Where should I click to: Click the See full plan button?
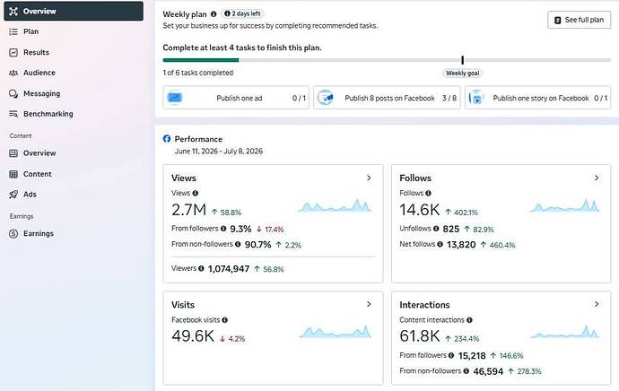click(x=579, y=20)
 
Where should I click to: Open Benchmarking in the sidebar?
click(x=41, y=114)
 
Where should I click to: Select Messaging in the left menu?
click(x=35, y=93)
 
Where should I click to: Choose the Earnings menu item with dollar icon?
click(x=31, y=233)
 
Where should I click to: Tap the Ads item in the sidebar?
click(x=23, y=194)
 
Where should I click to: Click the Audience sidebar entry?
click(x=32, y=73)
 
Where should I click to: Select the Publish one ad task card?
click(x=236, y=98)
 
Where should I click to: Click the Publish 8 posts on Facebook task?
click(x=387, y=98)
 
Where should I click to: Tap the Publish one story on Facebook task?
click(x=537, y=98)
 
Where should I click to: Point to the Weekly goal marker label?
click(x=462, y=73)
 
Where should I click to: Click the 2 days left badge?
click(x=242, y=13)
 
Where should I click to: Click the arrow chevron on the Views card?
click(x=369, y=178)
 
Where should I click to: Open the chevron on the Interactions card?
click(x=597, y=304)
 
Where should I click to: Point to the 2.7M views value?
click(x=188, y=210)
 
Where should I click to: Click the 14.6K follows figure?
click(x=419, y=210)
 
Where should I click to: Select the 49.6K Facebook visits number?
click(x=193, y=335)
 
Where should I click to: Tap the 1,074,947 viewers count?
click(x=229, y=269)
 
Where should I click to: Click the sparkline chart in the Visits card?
click(x=336, y=332)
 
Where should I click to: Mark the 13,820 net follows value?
click(x=461, y=245)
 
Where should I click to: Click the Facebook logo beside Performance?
click(x=167, y=138)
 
